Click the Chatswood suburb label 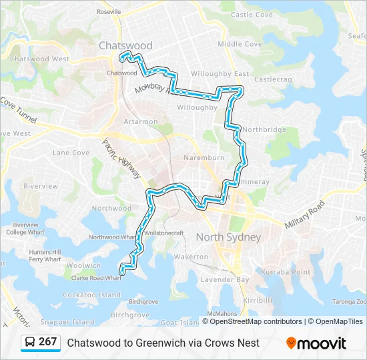[125, 46]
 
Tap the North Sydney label [228, 237]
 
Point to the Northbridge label [264, 129]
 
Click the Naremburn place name [204, 158]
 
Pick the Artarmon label [141, 122]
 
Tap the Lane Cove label [71, 153]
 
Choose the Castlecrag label [273, 79]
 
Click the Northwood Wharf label [113, 237]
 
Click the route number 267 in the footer [47, 342]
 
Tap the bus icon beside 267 [30, 343]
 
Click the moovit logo [316, 343]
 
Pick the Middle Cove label [240, 44]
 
